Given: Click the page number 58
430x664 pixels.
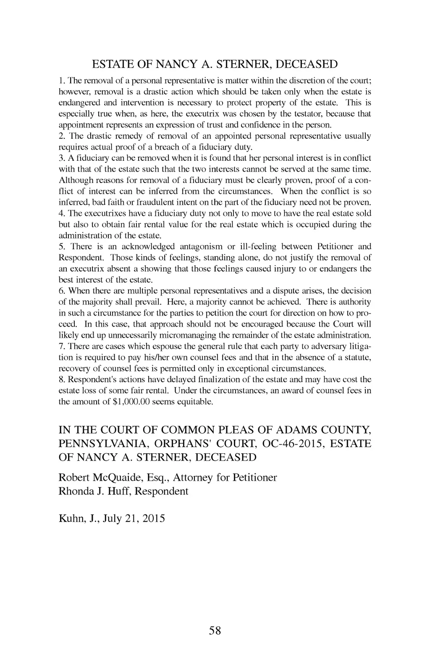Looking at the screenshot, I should (215, 630).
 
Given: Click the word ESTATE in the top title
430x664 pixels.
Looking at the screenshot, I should (111, 65).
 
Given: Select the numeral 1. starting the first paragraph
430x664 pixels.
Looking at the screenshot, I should (61, 81).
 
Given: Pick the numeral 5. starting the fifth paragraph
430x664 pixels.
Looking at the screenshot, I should (61, 246).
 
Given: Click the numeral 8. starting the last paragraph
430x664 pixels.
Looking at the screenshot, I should (61, 379).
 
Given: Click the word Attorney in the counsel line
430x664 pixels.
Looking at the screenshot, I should (194, 478).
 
